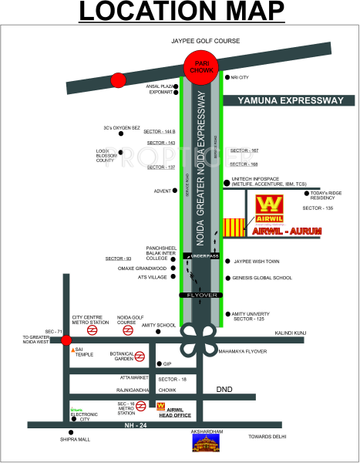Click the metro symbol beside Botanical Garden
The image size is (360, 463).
pos(140,357)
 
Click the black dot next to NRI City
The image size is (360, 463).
pos(225,77)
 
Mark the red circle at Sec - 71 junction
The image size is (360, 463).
pos(67,340)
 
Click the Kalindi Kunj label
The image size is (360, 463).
pos(291,333)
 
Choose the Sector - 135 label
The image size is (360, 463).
pos(318,208)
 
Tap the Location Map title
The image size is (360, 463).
pos(180,13)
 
